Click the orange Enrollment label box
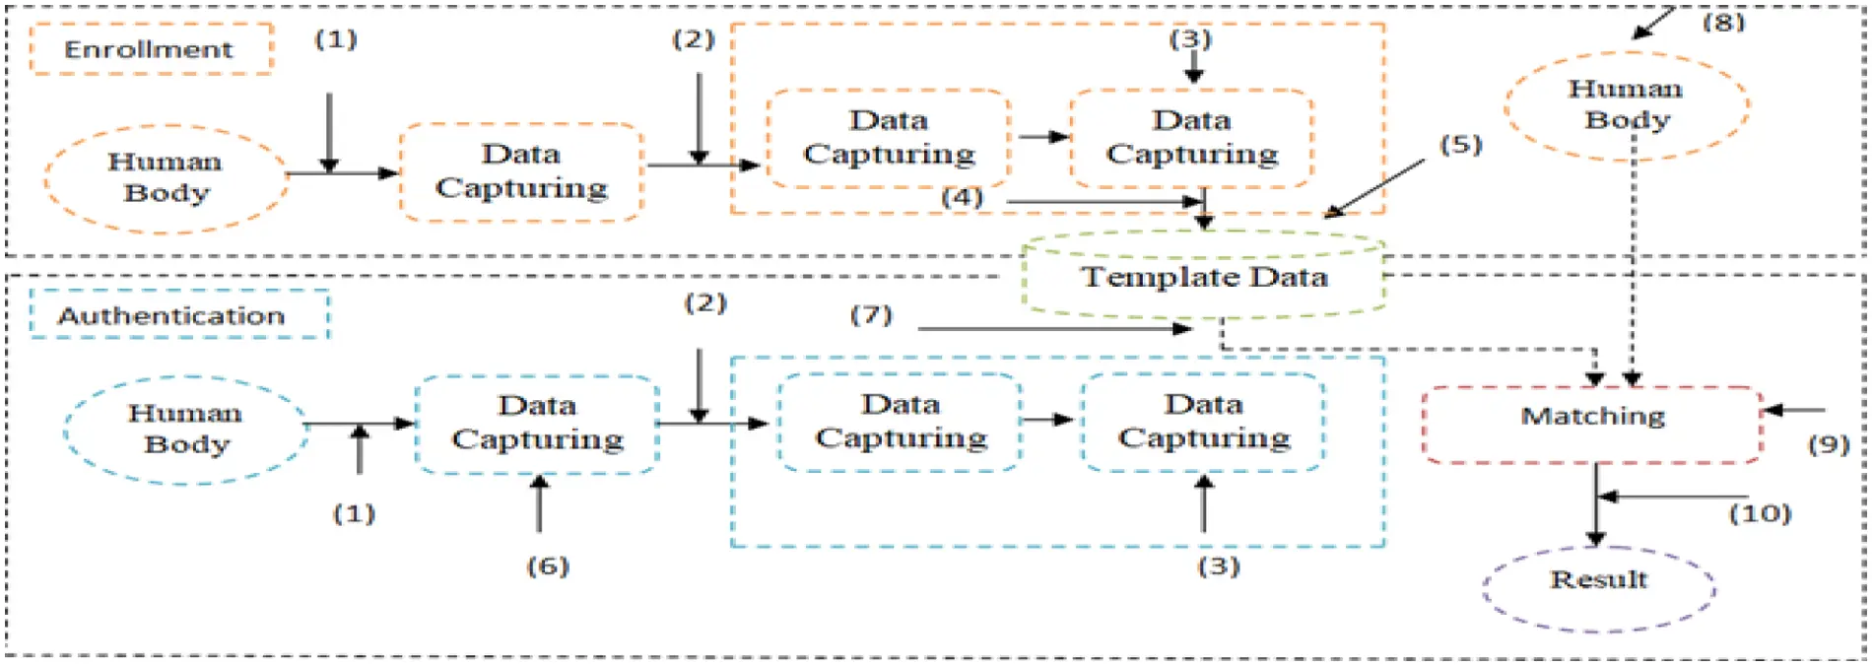151,49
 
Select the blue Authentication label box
178,315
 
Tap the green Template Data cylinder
1203,277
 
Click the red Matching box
1592,425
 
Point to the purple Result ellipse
1598,587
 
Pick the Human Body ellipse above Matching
1626,105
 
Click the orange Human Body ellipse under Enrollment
166,178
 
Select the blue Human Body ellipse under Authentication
185,430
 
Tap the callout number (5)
1460,145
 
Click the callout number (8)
1723,22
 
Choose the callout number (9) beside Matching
1828,444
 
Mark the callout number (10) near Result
1760,513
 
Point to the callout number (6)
548,566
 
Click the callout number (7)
871,315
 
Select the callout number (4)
962,197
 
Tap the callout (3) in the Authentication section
1218,566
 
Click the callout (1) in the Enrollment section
335,39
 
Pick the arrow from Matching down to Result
1595,507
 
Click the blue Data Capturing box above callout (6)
537,424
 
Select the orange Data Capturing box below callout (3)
1191,138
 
